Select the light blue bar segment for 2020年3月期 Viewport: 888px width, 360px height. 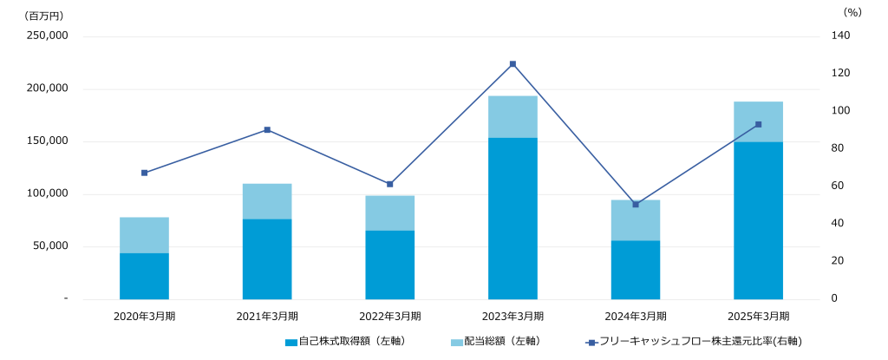coord(144,235)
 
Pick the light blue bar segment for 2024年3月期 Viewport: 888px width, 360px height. coord(636,220)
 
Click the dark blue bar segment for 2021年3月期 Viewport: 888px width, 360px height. coord(267,259)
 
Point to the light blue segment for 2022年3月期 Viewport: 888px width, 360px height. coord(389,213)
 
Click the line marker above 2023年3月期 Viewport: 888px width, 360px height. coord(513,64)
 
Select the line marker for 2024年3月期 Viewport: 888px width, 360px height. coord(636,205)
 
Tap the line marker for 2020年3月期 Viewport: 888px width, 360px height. coord(144,173)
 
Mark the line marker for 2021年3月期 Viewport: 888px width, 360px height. coord(267,130)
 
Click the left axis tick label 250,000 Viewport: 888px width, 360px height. coord(49,36)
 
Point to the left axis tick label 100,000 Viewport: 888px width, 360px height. coord(49,193)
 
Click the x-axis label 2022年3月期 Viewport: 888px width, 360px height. coord(389,317)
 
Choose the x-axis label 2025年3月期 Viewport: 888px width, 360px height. coord(758,317)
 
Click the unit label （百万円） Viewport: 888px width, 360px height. coord(44,15)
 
